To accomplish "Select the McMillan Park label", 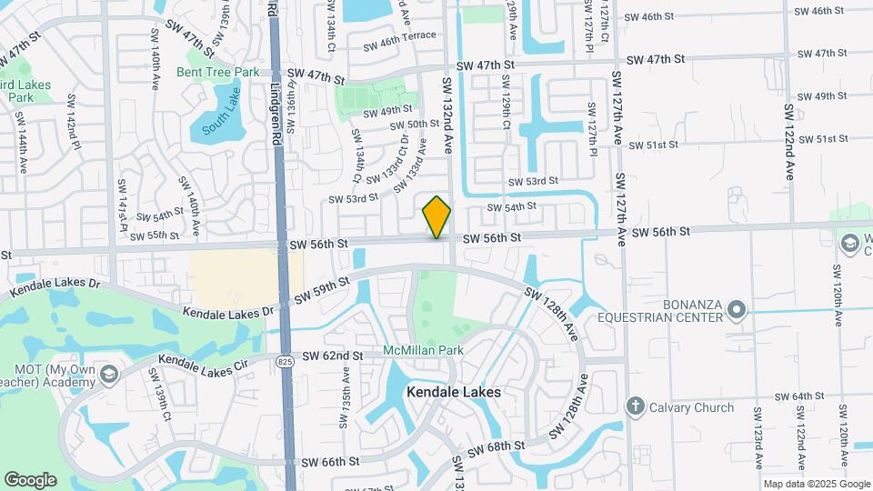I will pyautogui.click(x=423, y=350).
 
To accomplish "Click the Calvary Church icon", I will pyautogui.click(x=635, y=406).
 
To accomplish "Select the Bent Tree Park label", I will pyautogui.click(x=217, y=72).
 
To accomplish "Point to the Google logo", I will pyautogui.click(x=30, y=480).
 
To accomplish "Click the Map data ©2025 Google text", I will pyautogui.click(x=815, y=485).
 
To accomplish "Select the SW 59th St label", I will pyautogui.click(x=320, y=292).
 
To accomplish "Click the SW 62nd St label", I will pyautogui.click(x=333, y=355).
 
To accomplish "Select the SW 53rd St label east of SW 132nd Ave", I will pyautogui.click(x=532, y=182).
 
